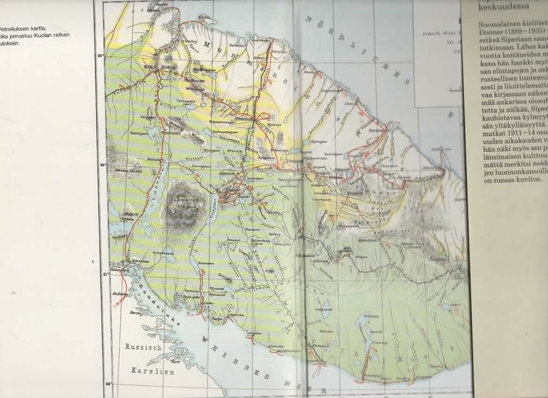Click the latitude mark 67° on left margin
pos(106,274)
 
